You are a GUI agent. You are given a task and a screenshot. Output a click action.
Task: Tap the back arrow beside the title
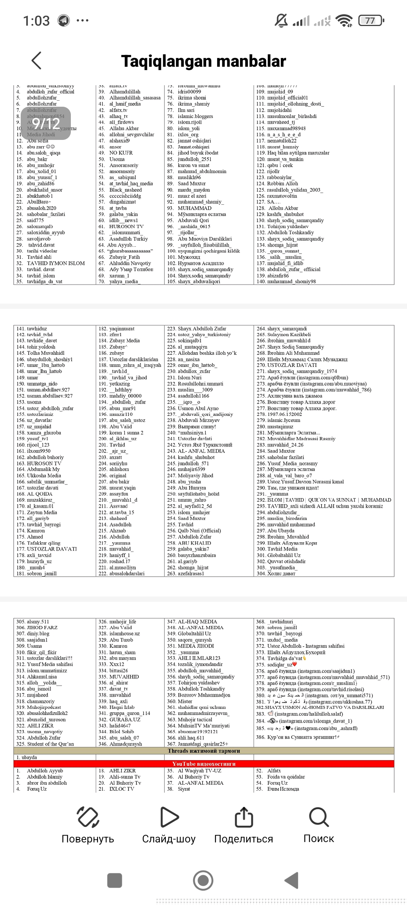pyautogui.click(x=37, y=60)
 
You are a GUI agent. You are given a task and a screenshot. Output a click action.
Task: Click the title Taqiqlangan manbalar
pyautogui.click(x=203, y=61)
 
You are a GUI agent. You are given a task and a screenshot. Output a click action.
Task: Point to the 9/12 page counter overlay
pyautogui.click(x=46, y=123)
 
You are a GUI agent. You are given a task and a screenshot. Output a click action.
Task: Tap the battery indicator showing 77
pyautogui.click(x=371, y=20)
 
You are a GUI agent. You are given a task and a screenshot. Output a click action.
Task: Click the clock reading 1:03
pyautogui.click(x=36, y=21)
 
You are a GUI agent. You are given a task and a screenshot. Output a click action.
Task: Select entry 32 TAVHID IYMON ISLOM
pyautogui.click(x=55, y=263)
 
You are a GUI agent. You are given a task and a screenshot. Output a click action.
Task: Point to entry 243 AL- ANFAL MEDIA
pyautogui.click(x=201, y=451)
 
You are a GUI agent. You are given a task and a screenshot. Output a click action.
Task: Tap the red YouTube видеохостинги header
pyautogui.click(x=204, y=764)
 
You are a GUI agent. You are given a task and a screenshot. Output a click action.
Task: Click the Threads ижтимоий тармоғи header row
pyautogui.click(x=204, y=751)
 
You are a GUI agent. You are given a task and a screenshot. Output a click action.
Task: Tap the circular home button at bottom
pyautogui.click(x=203, y=881)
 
